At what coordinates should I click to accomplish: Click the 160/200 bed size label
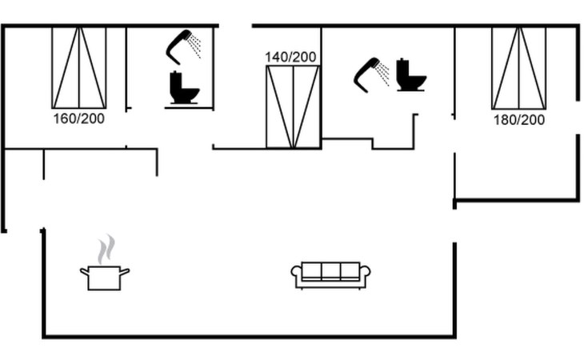(78, 118)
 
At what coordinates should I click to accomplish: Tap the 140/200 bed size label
(292, 57)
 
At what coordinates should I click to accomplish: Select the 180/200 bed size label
(518, 119)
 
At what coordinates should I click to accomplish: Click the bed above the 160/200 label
(78, 67)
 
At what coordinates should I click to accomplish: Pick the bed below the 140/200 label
(292, 107)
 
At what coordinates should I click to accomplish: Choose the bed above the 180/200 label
(518, 67)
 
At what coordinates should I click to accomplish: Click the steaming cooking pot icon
(104, 276)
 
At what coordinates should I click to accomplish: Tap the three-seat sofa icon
(330, 274)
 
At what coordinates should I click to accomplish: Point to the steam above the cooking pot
(106, 249)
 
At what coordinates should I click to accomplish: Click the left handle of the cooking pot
(84, 272)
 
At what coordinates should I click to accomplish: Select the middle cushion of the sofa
(330, 271)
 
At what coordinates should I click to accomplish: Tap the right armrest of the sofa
(366, 275)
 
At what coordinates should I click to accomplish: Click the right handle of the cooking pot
(125, 272)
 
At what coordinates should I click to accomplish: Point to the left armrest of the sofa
(295, 275)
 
